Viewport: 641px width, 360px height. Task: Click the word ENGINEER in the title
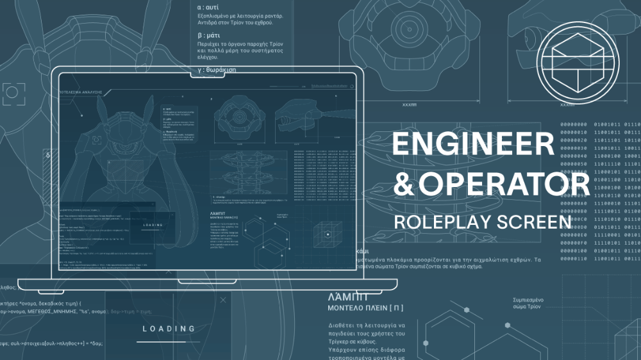click(472, 144)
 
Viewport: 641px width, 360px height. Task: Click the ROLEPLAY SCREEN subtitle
click(482, 222)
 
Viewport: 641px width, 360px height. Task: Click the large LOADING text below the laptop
click(169, 329)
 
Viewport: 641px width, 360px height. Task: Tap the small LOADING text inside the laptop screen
click(153, 225)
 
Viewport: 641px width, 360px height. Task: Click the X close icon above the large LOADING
click(222, 299)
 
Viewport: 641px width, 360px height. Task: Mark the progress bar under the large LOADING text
click(169, 341)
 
